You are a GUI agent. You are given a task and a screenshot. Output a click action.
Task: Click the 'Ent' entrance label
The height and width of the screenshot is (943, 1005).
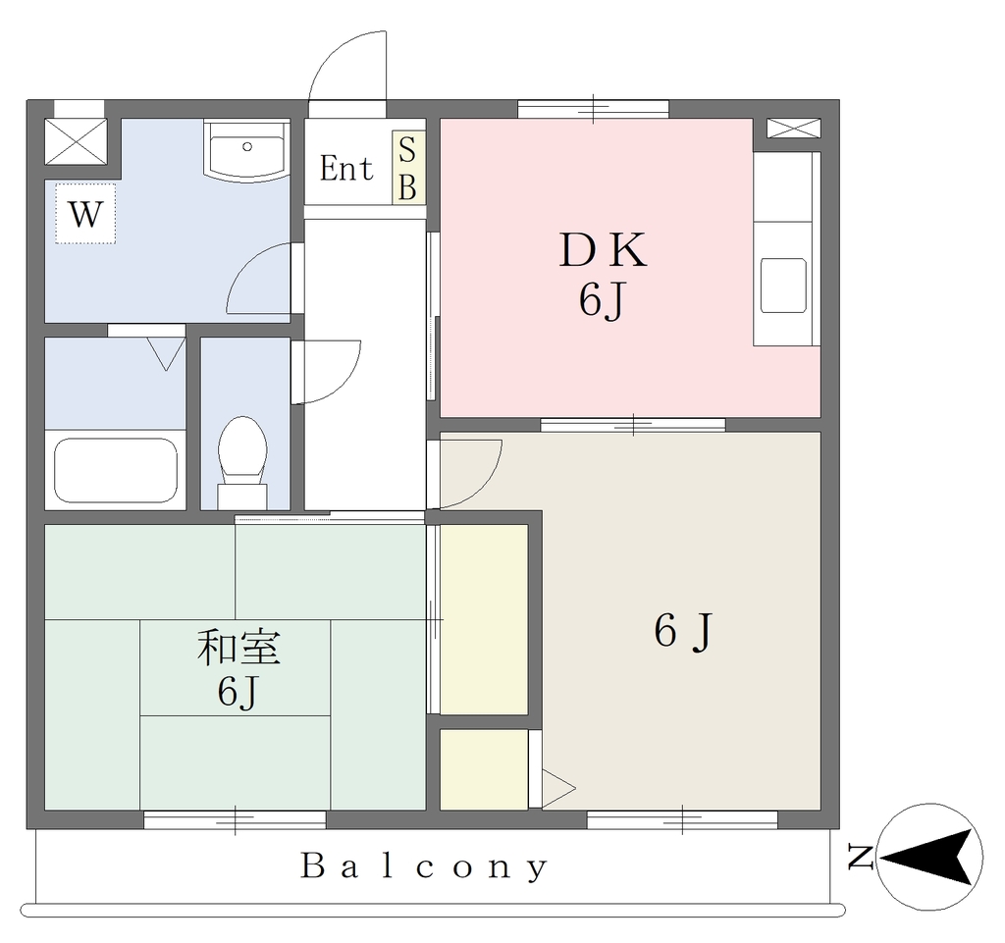pyautogui.click(x=346, y=169)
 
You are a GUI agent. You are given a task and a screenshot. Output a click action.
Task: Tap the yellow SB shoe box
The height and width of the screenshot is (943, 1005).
pyautogui.click(x=408, y=168)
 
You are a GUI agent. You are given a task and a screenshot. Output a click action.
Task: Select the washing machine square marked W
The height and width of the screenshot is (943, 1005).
pyautogui.click(x=85, y=213)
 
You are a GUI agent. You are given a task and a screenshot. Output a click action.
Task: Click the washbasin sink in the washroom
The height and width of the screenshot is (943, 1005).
pyautogui.click(x=246, y=150)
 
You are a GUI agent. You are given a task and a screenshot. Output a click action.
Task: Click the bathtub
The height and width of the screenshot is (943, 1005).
pyautogui.click(x=116, y=471)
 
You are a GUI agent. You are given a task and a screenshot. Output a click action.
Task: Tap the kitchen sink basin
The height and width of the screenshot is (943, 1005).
pyautogui.click(x=783, y=286)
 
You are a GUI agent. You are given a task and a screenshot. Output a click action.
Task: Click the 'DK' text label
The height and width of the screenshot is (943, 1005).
pyautogui.click(x=603, y=250)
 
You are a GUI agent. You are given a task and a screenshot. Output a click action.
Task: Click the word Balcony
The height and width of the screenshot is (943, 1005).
pyautogui.click(x=424, y=867)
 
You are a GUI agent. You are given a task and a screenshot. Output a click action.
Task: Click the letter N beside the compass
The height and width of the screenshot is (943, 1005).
pyautogui.click(x=860, y=858)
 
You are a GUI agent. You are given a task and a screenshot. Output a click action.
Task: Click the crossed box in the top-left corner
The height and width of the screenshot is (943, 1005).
pyautogui.click(x=76, y=141)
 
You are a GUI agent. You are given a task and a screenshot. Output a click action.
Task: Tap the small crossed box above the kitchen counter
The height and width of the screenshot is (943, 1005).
pyautogui.click(x=793, y=129)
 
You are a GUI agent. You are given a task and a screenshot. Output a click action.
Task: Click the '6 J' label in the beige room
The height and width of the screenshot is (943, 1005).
pyautogui.click(x=683, y=631)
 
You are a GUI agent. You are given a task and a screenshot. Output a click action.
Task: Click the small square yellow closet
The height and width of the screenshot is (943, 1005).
pyautogui.click(x=484, y=768)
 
